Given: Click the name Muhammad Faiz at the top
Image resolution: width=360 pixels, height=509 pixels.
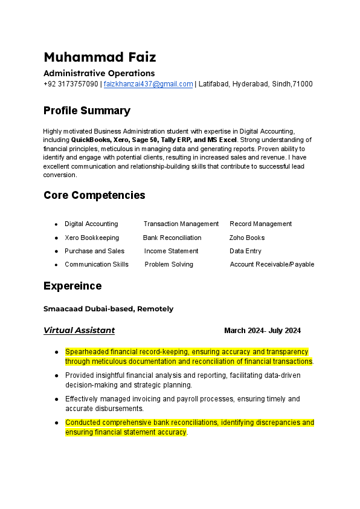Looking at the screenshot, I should (100, 57).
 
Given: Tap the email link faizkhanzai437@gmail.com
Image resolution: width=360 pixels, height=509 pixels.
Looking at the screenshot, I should (148, 84).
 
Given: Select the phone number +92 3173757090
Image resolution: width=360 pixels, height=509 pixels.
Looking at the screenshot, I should (71, 84).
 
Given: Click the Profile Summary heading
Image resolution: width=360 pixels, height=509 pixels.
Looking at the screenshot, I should (87, 111).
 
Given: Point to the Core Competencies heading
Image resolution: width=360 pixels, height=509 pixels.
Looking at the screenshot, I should (94, 195).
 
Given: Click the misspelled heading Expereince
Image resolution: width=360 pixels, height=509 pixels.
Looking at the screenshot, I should (72, 286).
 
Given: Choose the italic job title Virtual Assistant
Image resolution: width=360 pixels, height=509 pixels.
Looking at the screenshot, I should (79, 331).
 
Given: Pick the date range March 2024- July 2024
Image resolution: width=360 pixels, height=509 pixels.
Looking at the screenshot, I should (262, 331).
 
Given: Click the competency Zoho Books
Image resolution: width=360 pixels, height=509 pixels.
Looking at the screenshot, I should (247, 238).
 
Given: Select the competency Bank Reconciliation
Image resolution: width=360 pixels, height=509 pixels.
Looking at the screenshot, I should (172, 238).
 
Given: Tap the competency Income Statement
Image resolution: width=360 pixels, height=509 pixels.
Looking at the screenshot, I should (171, 251).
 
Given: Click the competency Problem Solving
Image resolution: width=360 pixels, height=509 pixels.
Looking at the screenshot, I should (169, 264).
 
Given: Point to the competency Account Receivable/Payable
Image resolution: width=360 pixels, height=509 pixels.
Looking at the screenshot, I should (272, 264).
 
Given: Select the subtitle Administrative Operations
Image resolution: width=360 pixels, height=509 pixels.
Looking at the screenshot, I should (99, 73).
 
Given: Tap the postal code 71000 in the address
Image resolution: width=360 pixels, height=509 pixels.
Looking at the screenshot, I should (303, 84).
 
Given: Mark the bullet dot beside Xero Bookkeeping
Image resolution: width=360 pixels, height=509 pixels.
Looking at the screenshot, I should (56, 238).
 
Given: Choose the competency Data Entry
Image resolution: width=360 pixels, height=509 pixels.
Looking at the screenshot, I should (245, 251).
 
